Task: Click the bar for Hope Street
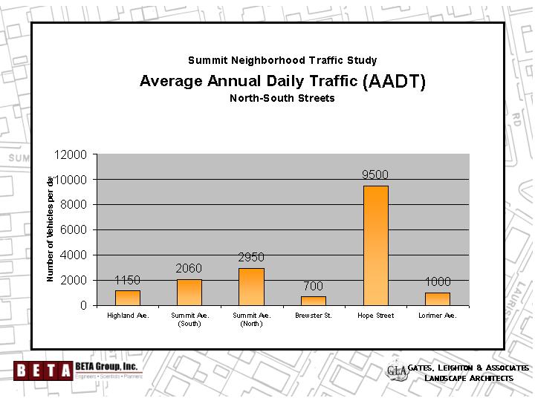[375, 245]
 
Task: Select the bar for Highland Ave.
[127, 298]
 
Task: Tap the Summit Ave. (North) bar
[251, 287]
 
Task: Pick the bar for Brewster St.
[313, 301]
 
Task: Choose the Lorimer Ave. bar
[437, 299]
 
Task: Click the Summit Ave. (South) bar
[189, 292]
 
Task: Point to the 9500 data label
[375, 175]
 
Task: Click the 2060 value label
[189, 268]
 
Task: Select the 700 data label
[313, 286]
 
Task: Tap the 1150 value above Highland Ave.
[127, 280]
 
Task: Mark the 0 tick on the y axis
[84, 305]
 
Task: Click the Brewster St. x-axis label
[313, 316]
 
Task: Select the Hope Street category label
[375, 316]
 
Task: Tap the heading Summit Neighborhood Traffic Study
[282, 60]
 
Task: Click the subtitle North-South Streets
[282, 98]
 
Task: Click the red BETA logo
[43, 369]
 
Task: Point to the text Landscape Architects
[469, 379]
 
